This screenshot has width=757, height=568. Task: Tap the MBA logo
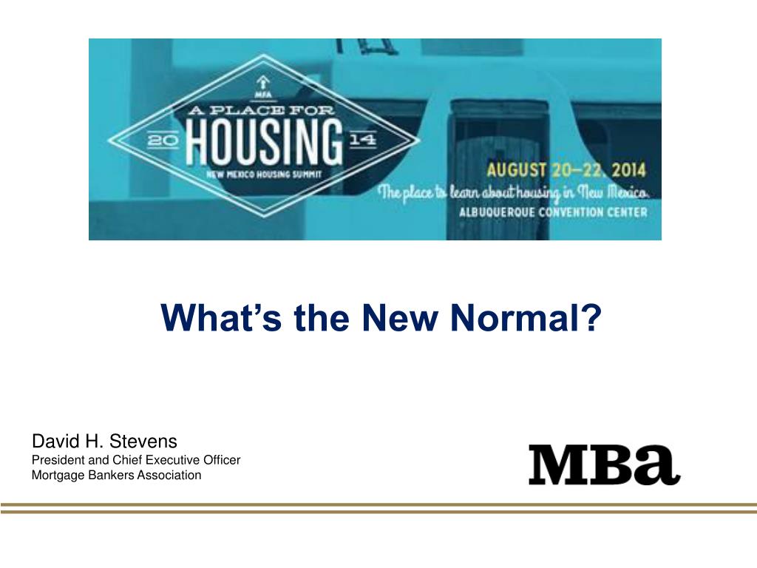point(604,464)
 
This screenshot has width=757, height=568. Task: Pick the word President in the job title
point(55,460)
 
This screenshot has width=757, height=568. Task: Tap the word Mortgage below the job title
point(55,475)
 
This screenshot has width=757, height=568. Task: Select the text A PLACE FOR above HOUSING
point(265,109)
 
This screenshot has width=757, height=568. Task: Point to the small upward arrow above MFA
point(263,80)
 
